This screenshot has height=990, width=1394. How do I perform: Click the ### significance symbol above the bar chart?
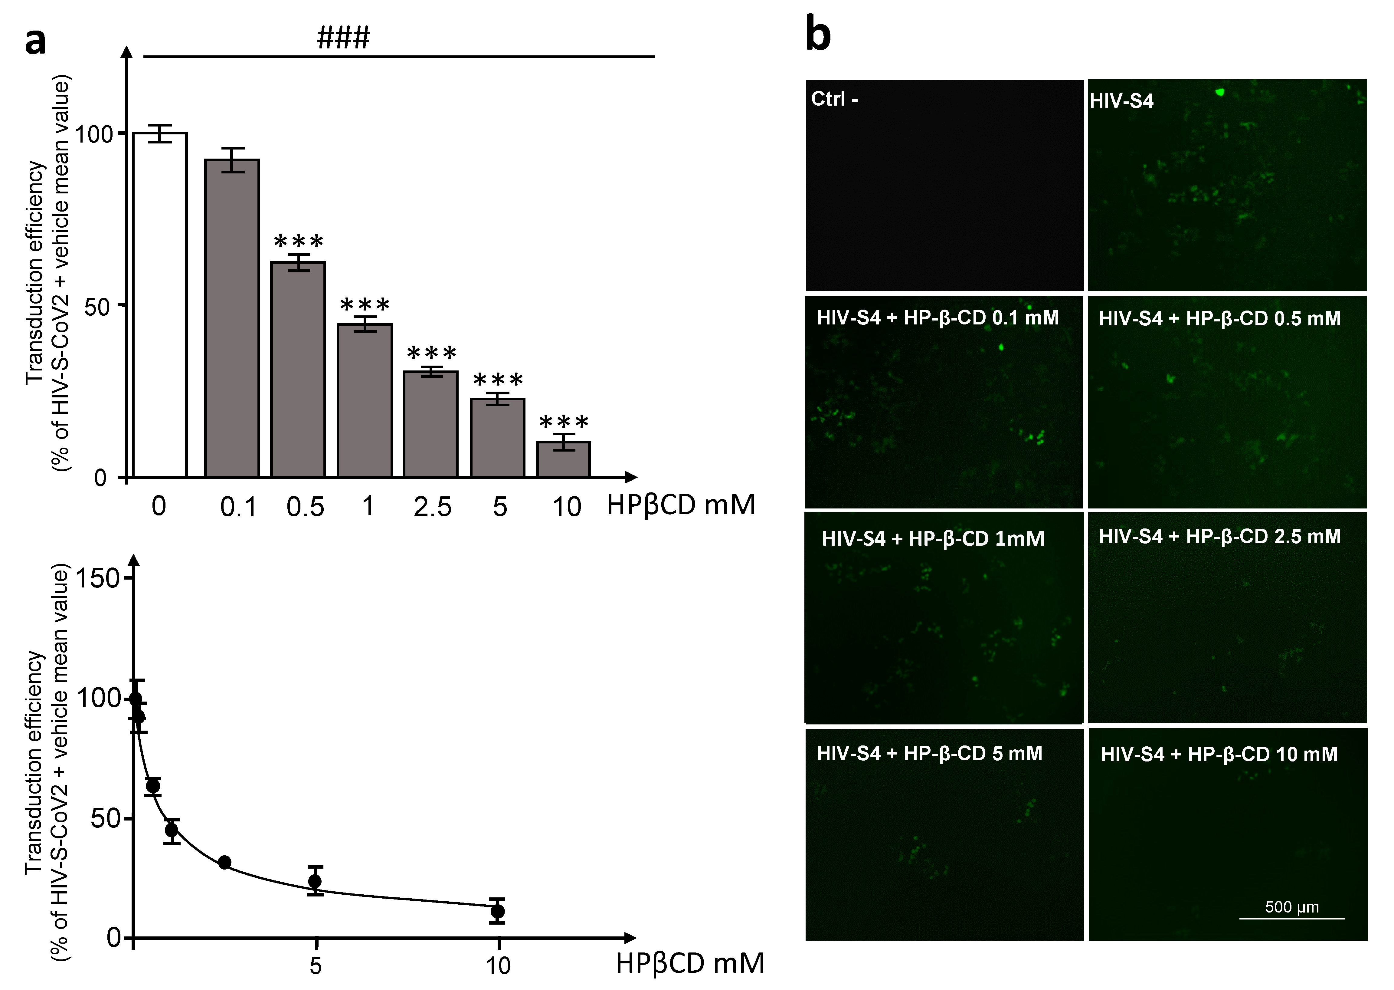(x=343, y=38)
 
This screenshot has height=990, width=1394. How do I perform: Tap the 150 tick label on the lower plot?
(x=97, y=578)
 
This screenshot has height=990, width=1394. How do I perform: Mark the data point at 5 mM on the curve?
(x=315, y=881)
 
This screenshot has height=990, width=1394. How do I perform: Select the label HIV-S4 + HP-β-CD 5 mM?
(x=929, y=754)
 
